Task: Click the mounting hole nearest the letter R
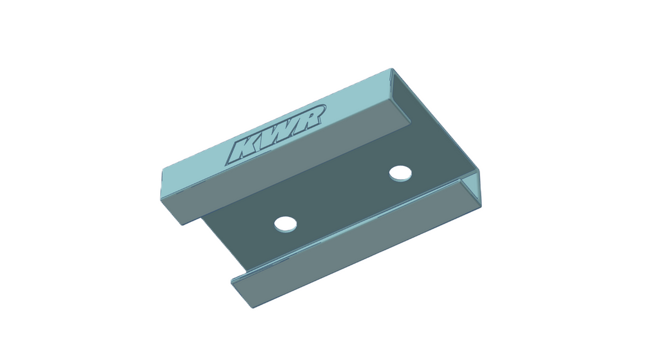click(x=400, y=173)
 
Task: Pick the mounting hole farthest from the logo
click(x=285, y=224)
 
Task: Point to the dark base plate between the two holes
click(x=342, y=198)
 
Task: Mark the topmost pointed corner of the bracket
click(x=391, y=69)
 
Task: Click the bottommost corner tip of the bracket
click(x=253, y=308)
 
